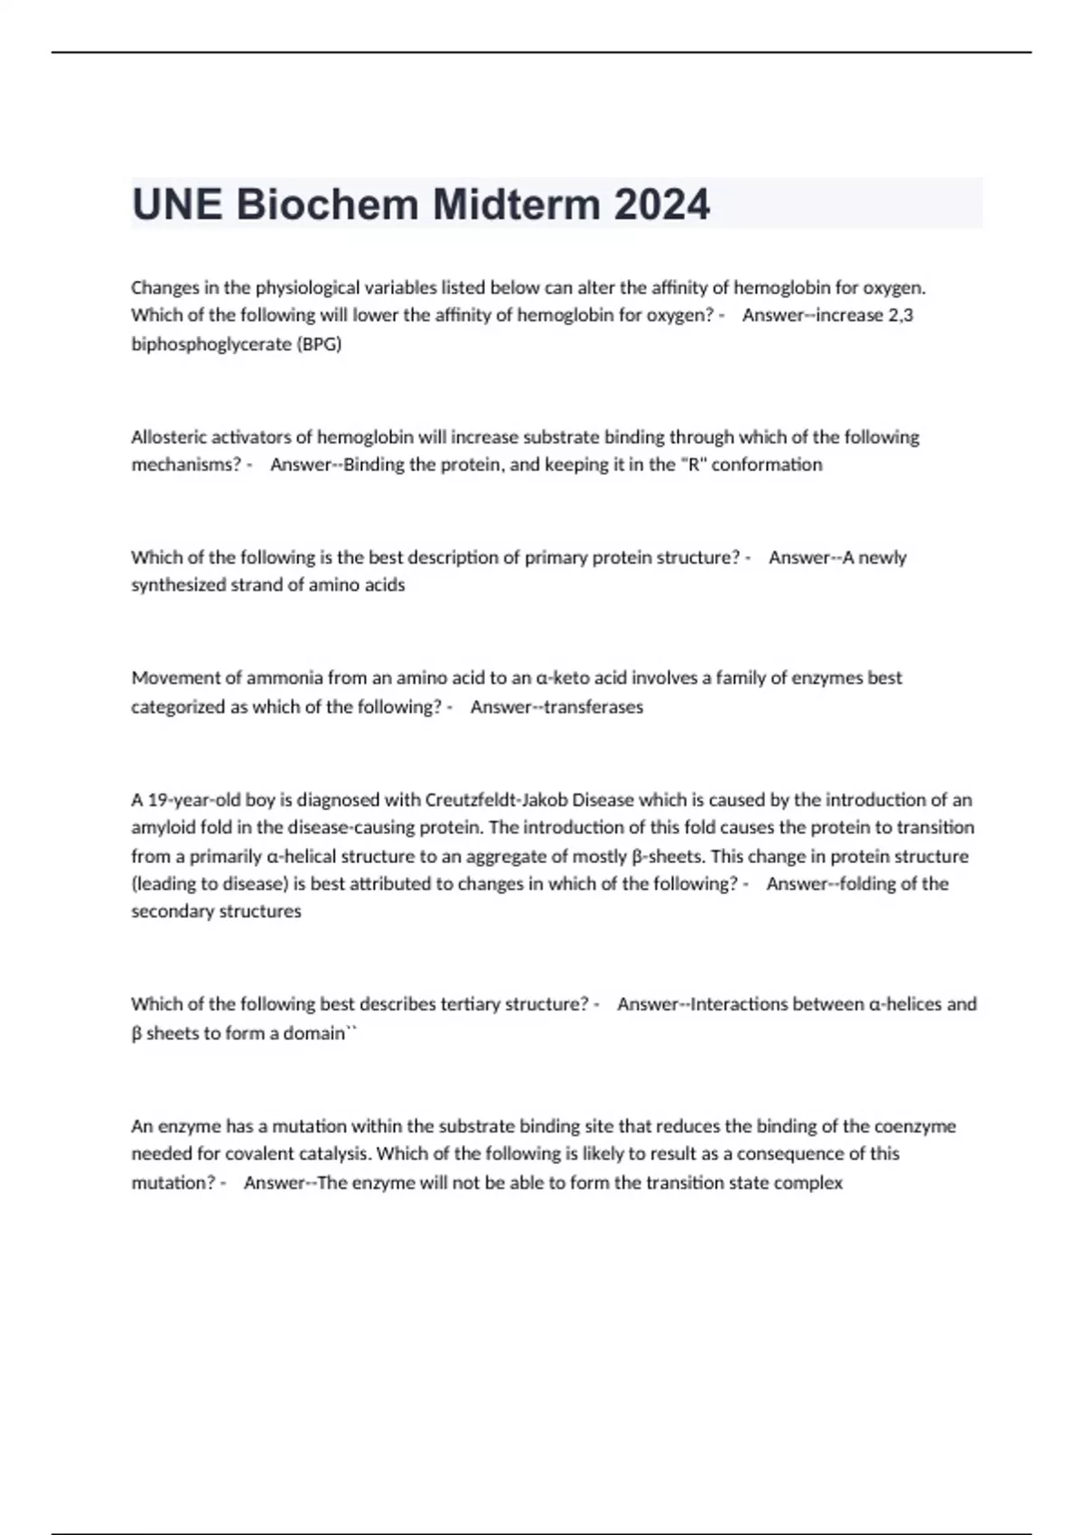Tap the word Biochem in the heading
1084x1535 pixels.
point(327,205)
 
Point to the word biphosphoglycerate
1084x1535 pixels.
point(210,344)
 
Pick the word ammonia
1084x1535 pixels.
point(285,678)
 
